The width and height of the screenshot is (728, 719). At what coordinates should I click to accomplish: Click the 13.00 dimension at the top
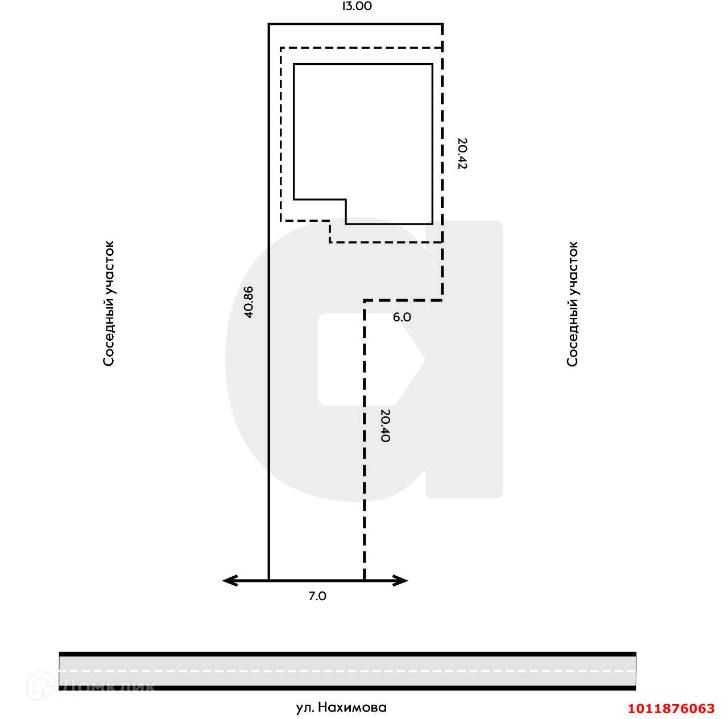(357, 7)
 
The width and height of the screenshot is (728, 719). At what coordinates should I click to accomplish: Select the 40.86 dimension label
(248, 301)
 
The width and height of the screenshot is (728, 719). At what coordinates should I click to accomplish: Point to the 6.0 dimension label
(402, 317)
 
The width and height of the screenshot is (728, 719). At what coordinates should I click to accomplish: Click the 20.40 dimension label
(385, 426)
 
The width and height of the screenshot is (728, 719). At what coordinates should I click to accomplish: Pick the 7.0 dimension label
(317, 596)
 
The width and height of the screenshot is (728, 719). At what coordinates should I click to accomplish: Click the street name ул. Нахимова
(341, 707)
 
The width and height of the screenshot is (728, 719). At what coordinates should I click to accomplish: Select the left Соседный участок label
(109, 304)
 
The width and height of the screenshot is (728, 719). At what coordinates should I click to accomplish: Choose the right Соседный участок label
(573, 304)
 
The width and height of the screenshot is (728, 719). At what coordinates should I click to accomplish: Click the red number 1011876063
(671, 708)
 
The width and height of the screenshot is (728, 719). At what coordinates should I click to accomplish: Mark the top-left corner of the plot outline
(269, 24)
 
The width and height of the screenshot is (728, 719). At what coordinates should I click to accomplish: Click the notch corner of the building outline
(346, 200)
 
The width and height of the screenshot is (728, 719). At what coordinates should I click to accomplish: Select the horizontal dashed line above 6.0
(403, 300)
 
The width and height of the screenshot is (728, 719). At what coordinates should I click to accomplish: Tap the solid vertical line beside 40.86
(269, 398)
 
